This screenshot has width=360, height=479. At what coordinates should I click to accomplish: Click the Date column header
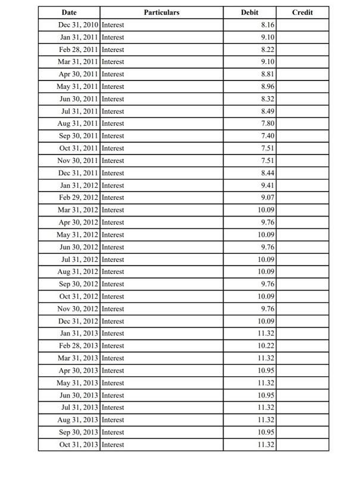pyautogui.click(x=69, y=13)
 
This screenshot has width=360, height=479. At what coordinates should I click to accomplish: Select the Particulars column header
pyautogui.click(x=161, y=13)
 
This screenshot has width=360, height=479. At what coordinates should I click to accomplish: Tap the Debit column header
pyautogui.click(x=250, y=13)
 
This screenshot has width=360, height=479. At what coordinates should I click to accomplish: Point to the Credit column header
pyautogui.click(x=303, y=13)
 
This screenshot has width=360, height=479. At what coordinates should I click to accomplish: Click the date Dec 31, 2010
pyautogui.click(x=78, y=25)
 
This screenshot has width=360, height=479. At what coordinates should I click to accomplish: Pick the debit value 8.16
pyautogui.click(x=268, y=25)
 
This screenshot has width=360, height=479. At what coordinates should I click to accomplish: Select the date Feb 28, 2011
pyautogui.click(x=79, y=50)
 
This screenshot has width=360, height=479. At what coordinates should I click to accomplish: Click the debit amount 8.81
pyautogui.click(x=268, y=75)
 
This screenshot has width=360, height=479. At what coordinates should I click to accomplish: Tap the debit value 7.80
pyautogui.click(x=268, y=123)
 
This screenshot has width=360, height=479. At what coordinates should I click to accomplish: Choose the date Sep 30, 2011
pyautogui.click(x=79, y=136)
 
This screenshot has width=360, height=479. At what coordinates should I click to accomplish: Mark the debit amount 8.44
pyautogui.click(x=268, y=173)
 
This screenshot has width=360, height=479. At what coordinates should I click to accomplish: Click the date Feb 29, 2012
pyautogui.click(x=79, y=197)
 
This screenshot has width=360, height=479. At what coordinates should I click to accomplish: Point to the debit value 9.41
pyautogui.click(x=268, y=186)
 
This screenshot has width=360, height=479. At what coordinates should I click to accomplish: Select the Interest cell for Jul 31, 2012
pyautogui.click(x=113, y=259)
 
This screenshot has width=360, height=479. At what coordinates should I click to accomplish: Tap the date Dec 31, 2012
pyautogui.click(x=78, y=321)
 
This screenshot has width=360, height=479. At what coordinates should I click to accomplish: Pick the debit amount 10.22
pyautogui.click(x=266, y=346)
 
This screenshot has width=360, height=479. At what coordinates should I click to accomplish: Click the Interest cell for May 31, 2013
pyautogui.click(x=113, y=383)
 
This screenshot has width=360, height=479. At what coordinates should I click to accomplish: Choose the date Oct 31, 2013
pyautogui.click(x=79, y=444)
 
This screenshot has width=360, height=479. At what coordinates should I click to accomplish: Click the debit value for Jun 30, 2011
pyautogui.click(x=268, y=99)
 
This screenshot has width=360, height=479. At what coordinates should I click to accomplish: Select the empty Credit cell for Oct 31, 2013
pyautogui.click(x=303, y=444)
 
